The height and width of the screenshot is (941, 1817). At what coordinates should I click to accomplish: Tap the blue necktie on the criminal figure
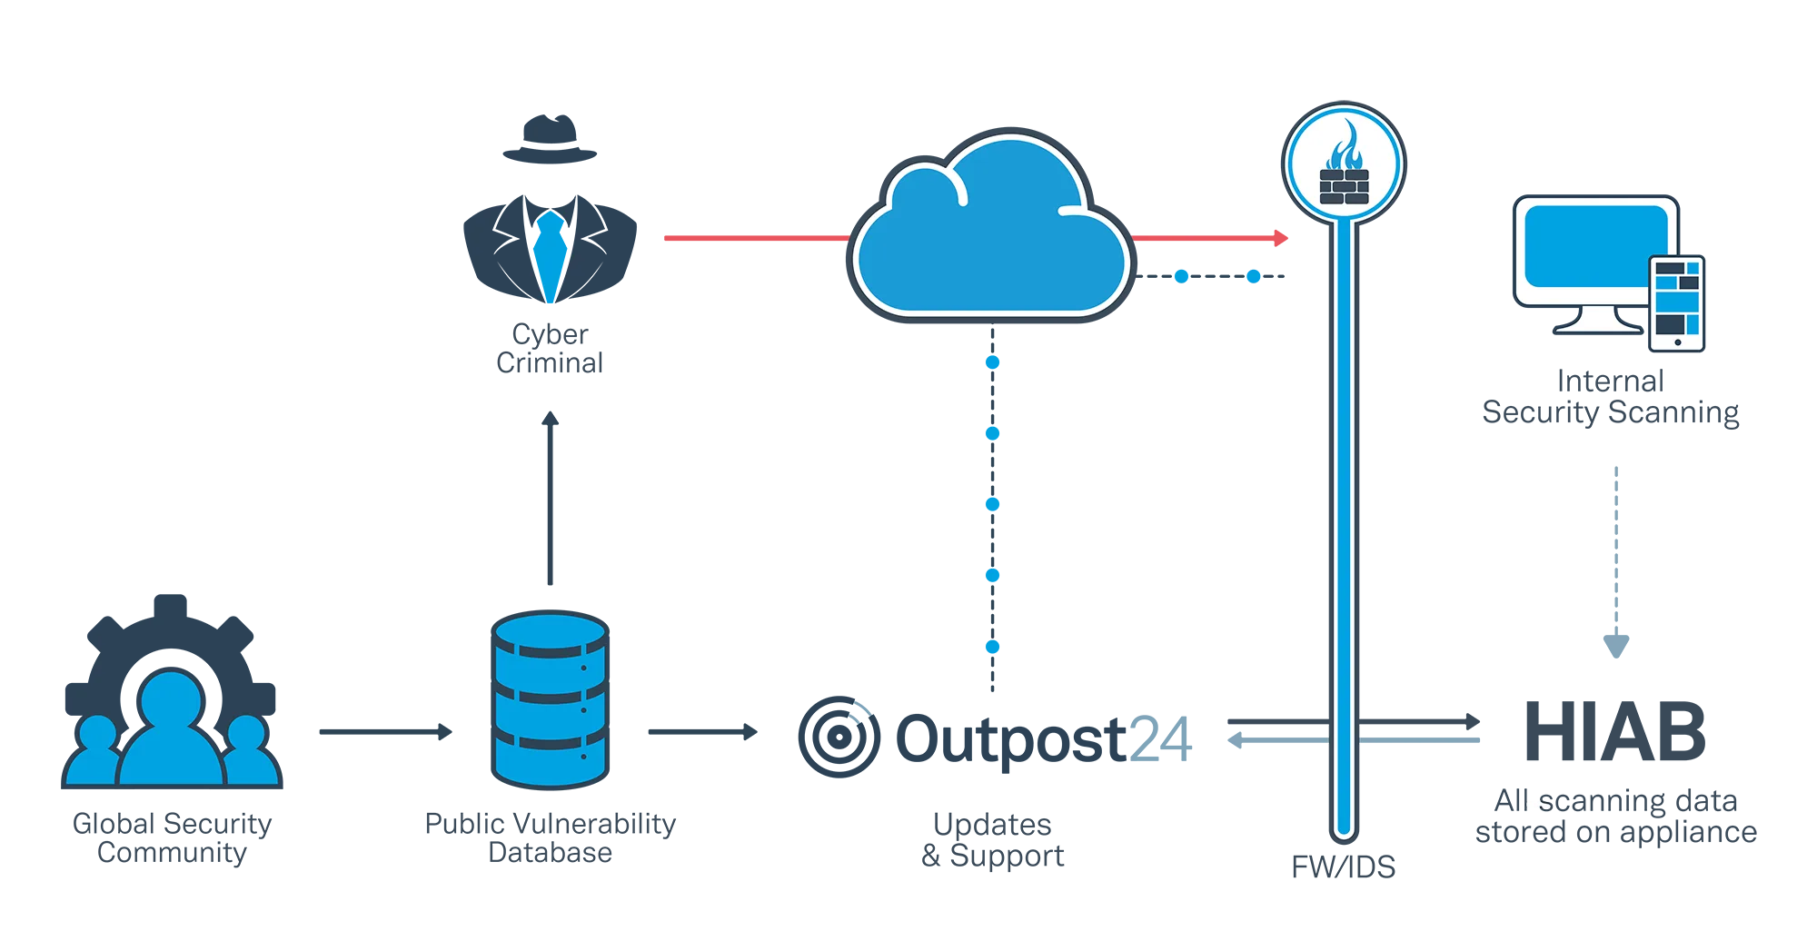point(550,254)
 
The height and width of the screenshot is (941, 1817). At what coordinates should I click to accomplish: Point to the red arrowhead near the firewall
point(1281,238)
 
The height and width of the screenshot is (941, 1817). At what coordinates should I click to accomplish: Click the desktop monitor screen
point(1595,246)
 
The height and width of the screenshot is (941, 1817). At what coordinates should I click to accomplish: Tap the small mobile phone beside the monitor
point(1676,303)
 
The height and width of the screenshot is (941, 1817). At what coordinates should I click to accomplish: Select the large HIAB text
point(1615,732)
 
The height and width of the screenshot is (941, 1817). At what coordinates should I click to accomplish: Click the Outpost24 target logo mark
point(839,737)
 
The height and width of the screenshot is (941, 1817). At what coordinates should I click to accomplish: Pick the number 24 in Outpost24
point(1160,739)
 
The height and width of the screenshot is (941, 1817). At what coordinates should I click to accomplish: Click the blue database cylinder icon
point(550,699)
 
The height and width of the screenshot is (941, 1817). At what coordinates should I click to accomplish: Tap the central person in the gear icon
point(171,727)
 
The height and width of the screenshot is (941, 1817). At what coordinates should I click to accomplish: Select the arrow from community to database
point(385,732)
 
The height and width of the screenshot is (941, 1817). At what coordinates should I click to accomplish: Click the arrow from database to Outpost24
point(702,732)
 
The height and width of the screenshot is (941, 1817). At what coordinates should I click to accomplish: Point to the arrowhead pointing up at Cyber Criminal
point(550,419)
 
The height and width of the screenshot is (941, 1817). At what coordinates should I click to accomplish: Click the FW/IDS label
point(1344,867)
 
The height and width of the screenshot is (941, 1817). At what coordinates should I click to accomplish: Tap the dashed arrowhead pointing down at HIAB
point(1616,646)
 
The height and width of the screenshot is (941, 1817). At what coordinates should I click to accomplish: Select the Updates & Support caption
point(992,839)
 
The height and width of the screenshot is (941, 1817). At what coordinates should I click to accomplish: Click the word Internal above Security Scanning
point(1611,381)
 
